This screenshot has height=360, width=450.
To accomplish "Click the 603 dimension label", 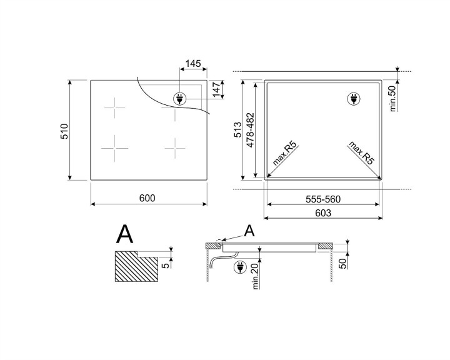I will click(x=322, y=213).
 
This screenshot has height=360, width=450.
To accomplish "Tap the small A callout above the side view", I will click(x=249, y=231).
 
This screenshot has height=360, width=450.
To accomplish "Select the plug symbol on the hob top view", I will click(x=179, y=99).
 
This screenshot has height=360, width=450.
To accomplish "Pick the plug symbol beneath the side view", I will click(x=239, y=268).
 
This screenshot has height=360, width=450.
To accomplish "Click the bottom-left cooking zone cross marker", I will click(x=116, y=149).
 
